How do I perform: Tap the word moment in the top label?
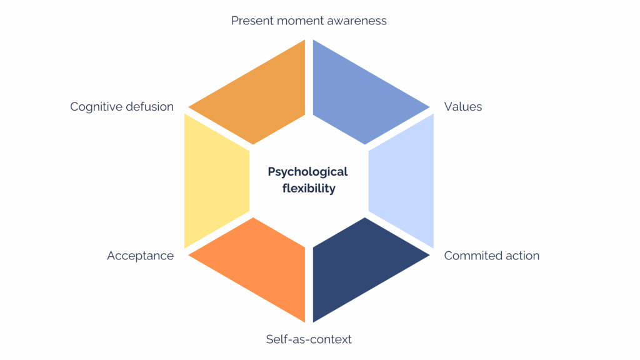tap(302, 21)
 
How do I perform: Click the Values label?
tap(463, 107)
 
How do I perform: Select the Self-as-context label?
tap(309, 339)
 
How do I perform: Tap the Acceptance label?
tap(140, 256)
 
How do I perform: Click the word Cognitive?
tap(97, 107)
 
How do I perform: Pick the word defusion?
tap(150, 107)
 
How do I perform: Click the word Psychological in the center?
tap(307, 172)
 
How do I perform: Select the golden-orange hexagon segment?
tap(262, 94)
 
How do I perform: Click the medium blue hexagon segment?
tap(356, 94)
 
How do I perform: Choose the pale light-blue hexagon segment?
tap(403, 181)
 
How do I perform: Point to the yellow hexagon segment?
tap(216, 181)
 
